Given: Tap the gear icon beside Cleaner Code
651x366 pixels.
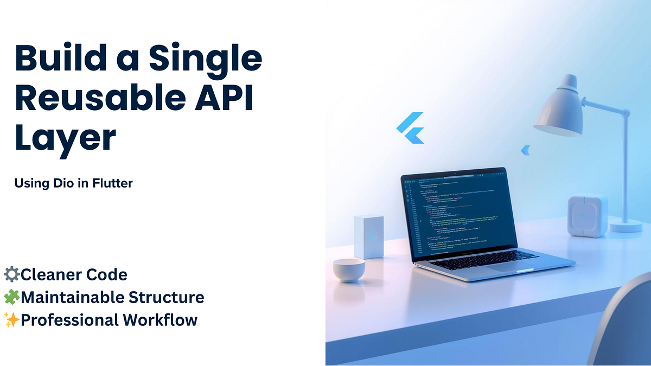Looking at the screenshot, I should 11,274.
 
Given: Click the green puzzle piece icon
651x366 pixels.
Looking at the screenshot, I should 11,297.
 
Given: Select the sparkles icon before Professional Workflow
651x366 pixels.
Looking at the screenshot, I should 11,320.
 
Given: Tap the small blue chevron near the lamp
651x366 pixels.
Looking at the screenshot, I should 525,150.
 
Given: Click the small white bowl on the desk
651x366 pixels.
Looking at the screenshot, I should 349,269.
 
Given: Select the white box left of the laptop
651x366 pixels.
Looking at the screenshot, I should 368,236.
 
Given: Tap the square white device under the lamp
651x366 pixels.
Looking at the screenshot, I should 587,215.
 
